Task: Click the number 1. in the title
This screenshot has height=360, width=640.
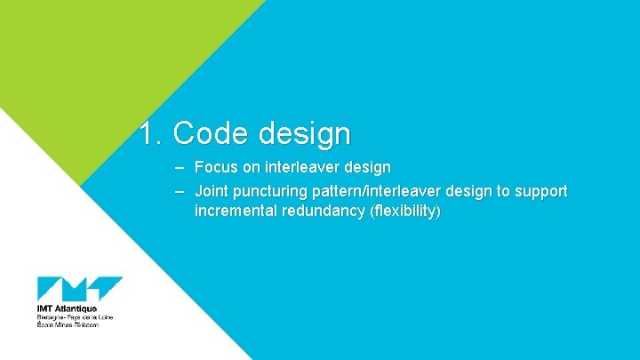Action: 151,133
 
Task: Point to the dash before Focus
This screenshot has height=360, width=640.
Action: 180,167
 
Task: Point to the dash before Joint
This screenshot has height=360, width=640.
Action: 180,191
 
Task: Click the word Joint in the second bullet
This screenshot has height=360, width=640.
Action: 212,191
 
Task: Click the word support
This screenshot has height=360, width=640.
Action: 540,192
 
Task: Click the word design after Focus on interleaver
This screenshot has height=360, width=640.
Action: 367,167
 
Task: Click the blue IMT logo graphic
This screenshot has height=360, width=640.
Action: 79,290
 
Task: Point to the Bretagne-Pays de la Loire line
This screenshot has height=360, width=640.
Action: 75,317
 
